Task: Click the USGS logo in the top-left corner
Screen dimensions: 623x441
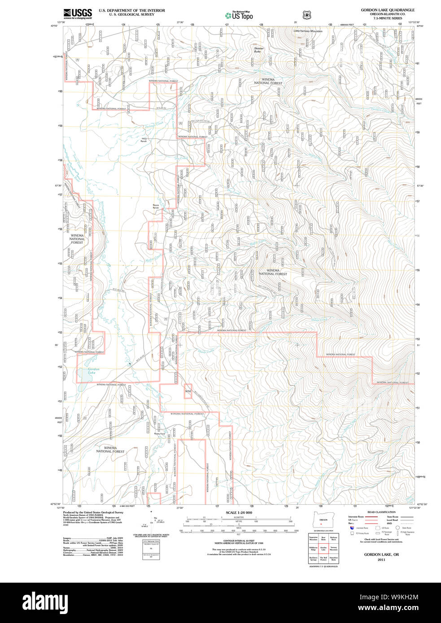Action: (x=78, y=13)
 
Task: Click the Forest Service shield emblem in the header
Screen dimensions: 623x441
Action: (x=307, y=15)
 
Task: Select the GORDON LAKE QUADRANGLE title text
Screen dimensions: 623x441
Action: (x=388, y=10)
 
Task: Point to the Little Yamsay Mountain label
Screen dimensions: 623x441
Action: (x=308, y=31)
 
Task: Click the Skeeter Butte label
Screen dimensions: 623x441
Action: (x=259, y=50)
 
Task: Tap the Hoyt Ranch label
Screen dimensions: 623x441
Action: (x=144, y=140)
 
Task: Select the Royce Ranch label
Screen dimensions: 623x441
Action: (x=156, y=207)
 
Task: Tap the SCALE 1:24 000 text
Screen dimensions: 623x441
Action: (x=239, y=513)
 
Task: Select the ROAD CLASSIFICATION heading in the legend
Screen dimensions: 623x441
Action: (x=381, y=512)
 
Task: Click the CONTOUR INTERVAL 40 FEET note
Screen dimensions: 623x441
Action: (x=239, y=541)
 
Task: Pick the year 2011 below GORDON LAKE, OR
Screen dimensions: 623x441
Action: (x=381, y=559)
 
